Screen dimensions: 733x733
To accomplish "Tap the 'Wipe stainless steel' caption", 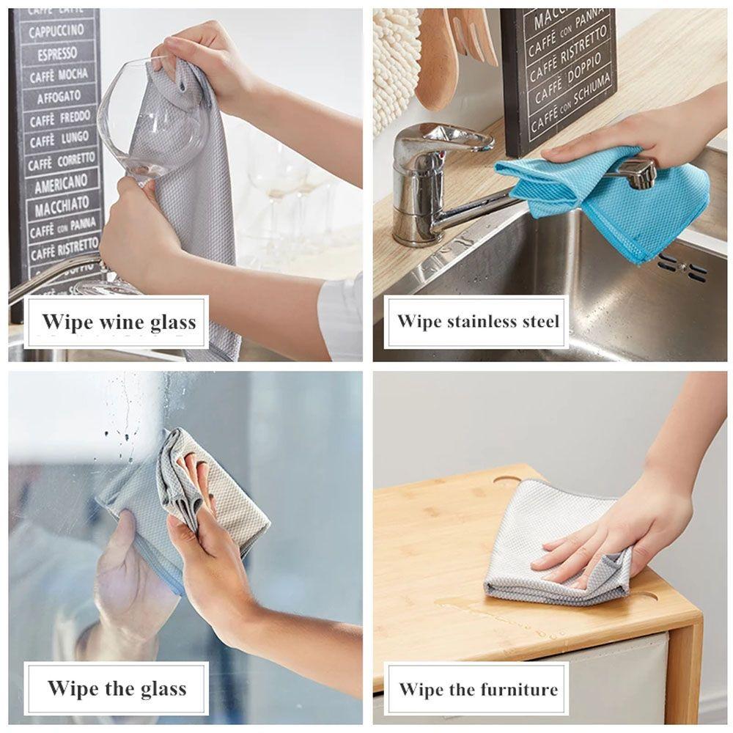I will tap(478, 321).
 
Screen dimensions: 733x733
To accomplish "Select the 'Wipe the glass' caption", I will tap(117, 688).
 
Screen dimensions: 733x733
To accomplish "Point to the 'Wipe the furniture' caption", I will tap(478, 689).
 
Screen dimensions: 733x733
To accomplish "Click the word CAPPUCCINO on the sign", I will tap(56, 31).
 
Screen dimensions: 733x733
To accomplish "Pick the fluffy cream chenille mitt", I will tap(394, 66).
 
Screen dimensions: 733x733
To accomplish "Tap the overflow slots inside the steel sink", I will tap(682, 268).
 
